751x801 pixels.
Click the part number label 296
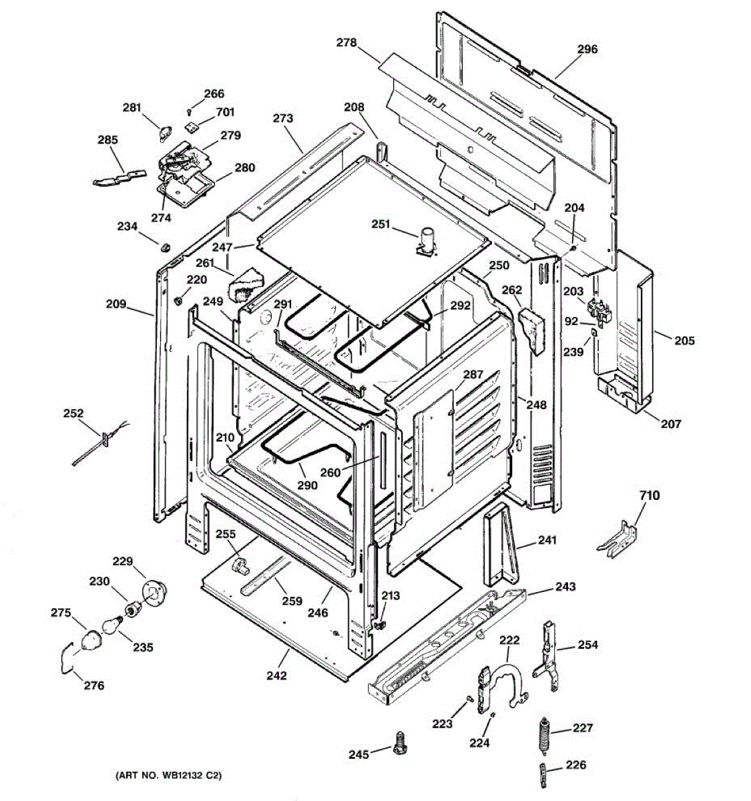click(587, 49)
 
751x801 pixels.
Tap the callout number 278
click(346, 43)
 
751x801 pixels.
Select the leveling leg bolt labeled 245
click(399, 742)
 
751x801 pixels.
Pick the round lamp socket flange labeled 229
click(154, 592)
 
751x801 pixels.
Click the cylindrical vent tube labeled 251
click(426, 241)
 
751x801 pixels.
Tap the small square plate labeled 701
click(191, 124)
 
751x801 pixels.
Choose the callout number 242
click(276, 676)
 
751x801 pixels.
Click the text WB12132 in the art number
click(180, 776)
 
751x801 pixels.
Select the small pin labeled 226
click(543, 777)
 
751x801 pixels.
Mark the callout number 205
click(684, 340)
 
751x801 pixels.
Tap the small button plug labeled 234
click(163, 248)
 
